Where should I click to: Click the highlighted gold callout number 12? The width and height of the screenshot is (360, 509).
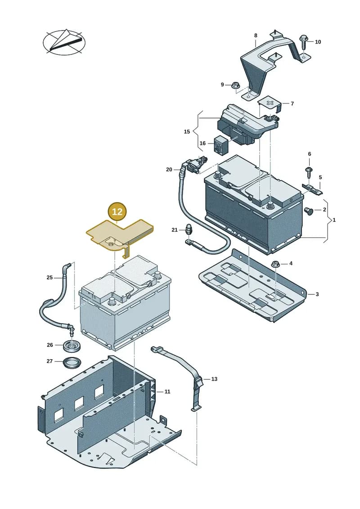pos(117,212)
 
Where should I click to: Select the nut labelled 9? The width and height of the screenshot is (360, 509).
pos(236,86)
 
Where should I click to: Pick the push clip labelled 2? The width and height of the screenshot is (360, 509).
pos(308,211)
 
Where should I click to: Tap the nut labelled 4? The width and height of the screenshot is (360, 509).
pos(275,264)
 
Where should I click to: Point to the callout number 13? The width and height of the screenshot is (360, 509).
pos(214,379)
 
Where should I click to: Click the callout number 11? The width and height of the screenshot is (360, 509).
pos(167,392)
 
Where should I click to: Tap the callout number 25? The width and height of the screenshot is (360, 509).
pos(49,278)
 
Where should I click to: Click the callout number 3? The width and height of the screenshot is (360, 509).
pos(317,294)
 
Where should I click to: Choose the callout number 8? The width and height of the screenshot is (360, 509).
pos(256,36)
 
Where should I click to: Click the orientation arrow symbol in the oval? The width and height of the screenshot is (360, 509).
pos(64,42)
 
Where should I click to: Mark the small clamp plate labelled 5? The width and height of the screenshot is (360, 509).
pos(313,189)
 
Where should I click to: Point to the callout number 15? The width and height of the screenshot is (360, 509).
pos(187,131)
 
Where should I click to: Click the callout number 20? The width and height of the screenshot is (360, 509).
pos(169,170)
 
